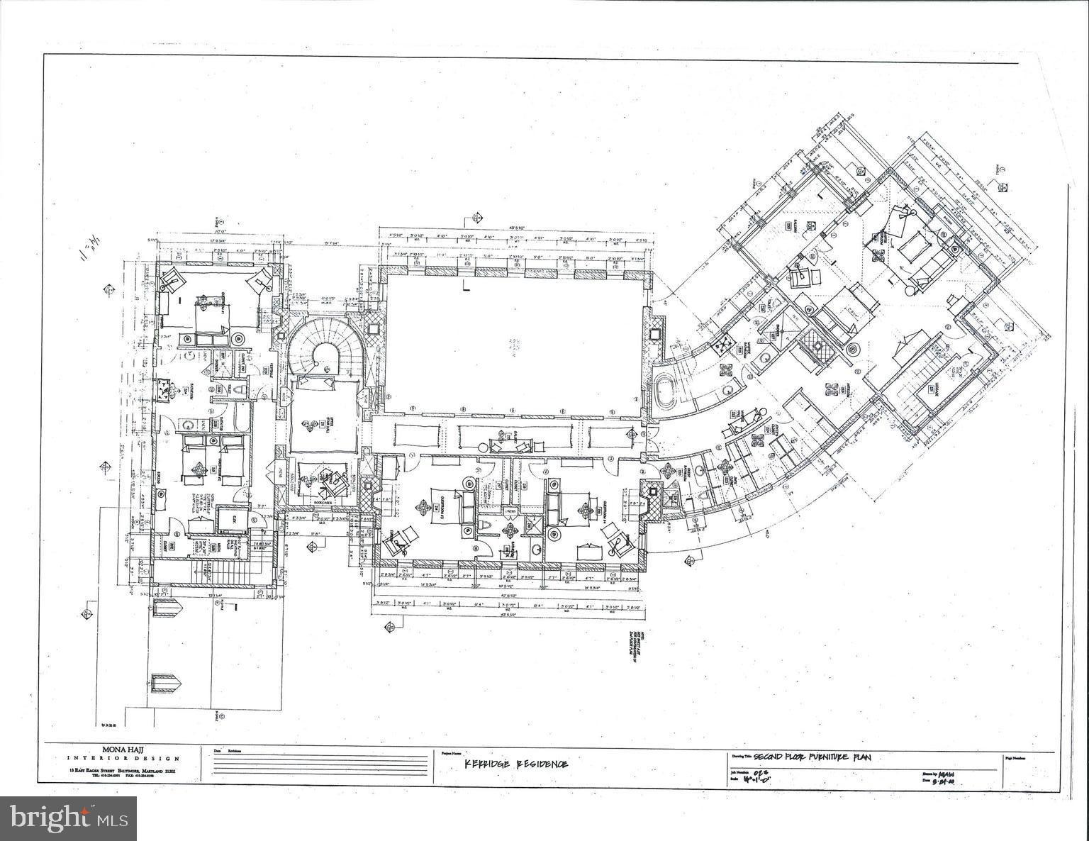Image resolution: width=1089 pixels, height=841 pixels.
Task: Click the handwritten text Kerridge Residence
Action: tap(515, 764)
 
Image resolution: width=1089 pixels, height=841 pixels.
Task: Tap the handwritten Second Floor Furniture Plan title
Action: tap(812, 757)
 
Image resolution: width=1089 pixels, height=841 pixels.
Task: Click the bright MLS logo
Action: tap(68, 819)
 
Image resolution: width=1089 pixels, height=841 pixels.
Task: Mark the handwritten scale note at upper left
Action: tap(87, 249)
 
